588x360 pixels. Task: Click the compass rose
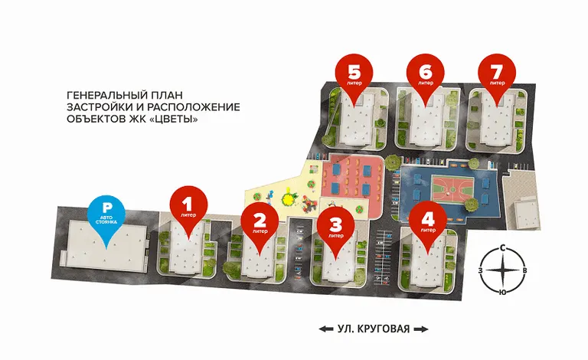(503, 270)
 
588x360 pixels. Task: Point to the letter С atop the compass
(503, 248)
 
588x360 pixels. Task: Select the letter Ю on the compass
(502, 292)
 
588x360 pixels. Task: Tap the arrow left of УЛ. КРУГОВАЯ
(326, 329)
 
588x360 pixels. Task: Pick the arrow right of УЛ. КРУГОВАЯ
(421, 329)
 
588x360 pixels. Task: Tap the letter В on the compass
(524, 270)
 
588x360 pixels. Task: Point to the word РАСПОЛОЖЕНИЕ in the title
(193, 107)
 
